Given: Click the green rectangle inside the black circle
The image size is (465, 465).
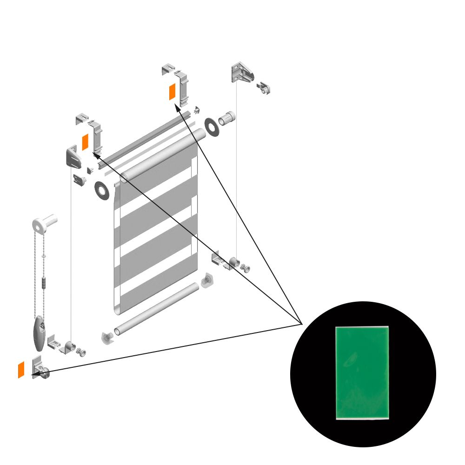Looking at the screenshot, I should (x=362, y=372).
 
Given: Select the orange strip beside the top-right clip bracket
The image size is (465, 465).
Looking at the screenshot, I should (x=172, y=92).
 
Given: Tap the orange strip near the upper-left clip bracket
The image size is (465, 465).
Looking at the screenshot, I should (x=85, y=142).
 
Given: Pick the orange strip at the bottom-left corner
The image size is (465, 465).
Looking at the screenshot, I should (x=21, y=370).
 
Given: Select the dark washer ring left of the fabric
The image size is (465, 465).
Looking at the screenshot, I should (x=101, y=190).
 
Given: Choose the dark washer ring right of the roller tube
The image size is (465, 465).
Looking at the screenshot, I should (x=213, y=127).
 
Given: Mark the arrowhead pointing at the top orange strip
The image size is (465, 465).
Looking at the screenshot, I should (x=177, y=108).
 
